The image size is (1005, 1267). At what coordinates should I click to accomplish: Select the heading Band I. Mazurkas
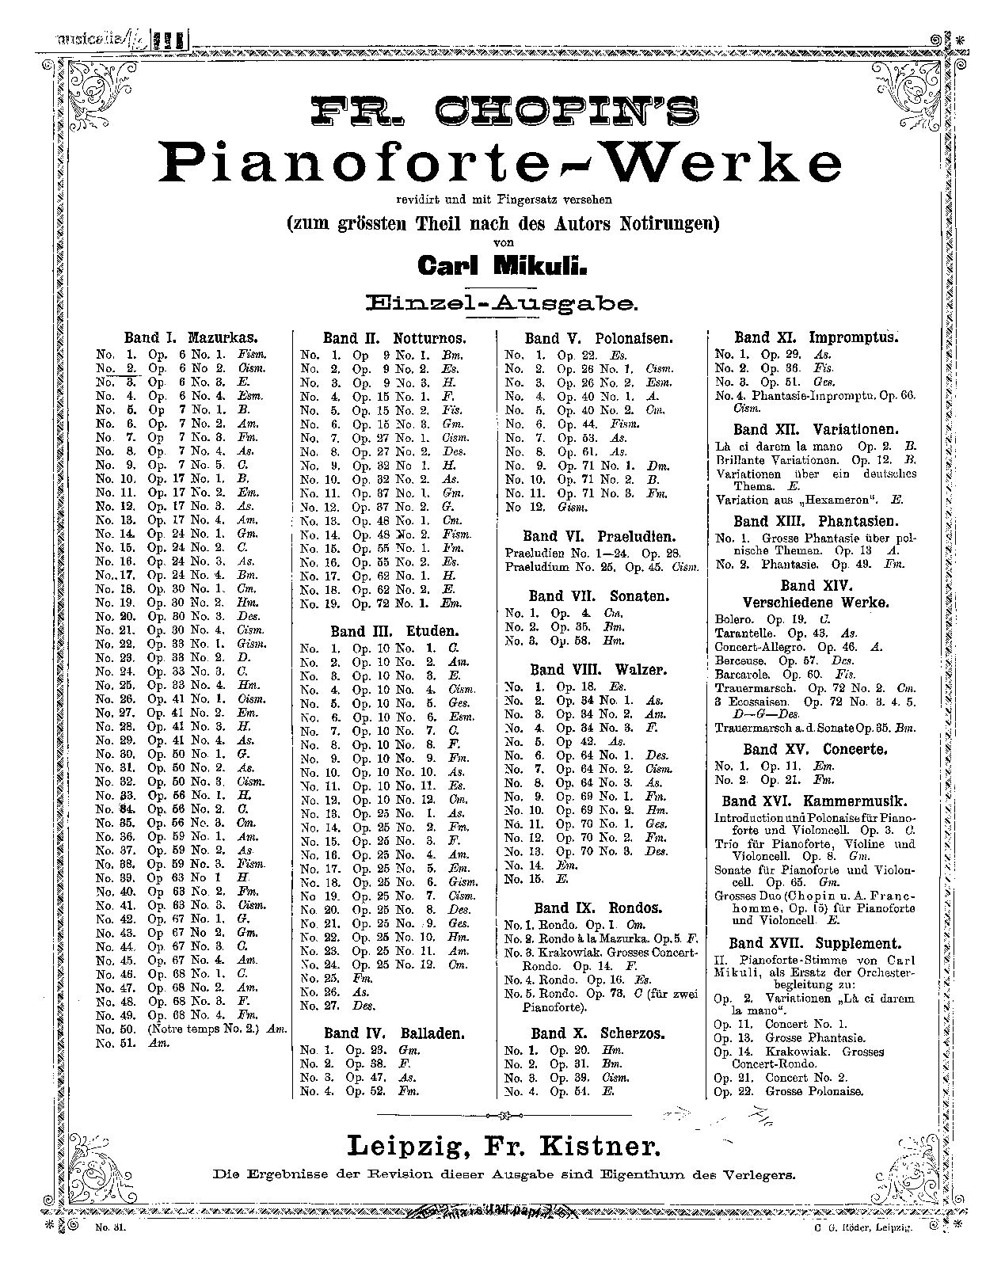192,337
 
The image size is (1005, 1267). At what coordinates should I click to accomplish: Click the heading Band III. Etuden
395,631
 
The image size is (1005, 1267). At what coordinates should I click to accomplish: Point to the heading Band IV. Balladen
394,1033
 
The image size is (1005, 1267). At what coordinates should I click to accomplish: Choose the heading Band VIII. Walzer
598,669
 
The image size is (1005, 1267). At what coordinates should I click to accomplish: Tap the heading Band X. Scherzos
598,1033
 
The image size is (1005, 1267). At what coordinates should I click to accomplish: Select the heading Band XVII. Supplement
815,943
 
